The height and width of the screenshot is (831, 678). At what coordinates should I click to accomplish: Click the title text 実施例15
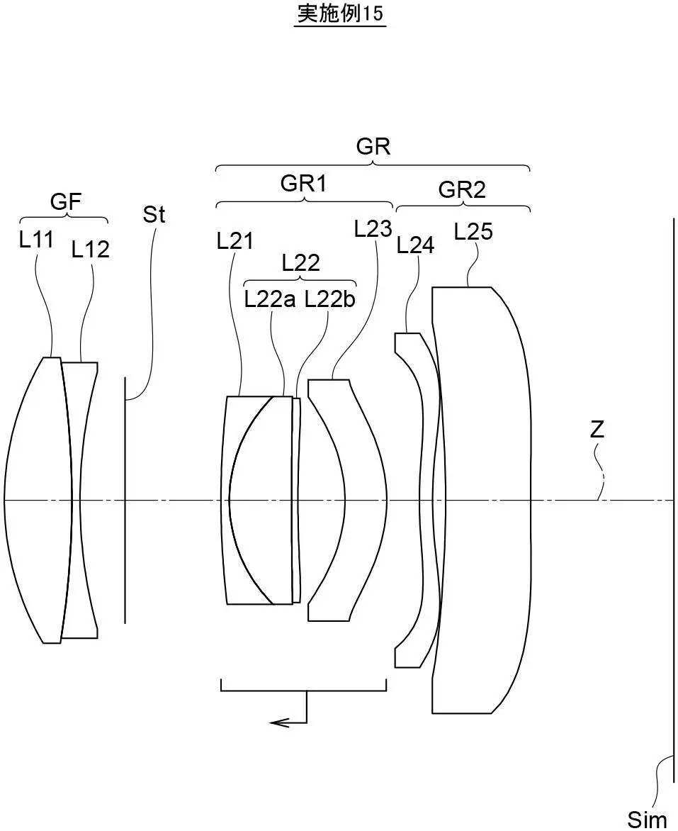tap(340, 13)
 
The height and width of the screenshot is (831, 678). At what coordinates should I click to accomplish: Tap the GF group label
tap(66, 202)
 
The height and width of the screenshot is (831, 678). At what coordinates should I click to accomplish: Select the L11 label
tap(36, 240)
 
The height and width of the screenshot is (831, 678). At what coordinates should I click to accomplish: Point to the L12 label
tap(91, 249)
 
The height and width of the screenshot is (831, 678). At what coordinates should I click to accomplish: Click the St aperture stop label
tap(154, 214)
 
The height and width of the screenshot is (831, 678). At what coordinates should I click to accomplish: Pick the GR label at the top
tap(373, 146)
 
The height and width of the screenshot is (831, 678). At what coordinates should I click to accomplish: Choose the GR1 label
tap(303, 184)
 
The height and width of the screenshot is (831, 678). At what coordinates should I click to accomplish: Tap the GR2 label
tap(462, 189)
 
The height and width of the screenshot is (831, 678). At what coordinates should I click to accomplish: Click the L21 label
tap(235, 241)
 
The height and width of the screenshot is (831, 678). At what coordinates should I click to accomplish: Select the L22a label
tap(270, 300)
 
